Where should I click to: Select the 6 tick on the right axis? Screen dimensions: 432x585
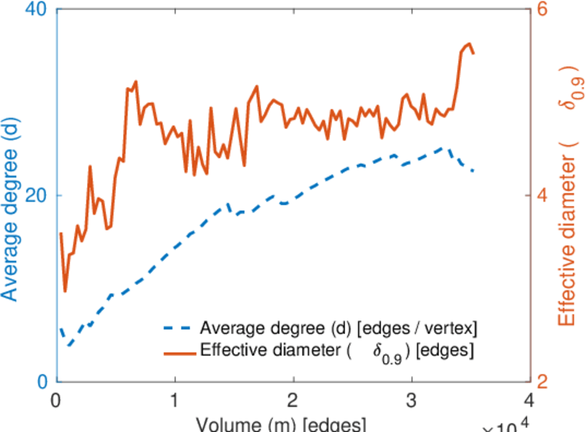pos(545,10)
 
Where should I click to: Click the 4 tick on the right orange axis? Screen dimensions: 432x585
pos(545,195)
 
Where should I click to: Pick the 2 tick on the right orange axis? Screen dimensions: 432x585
pos(545,381)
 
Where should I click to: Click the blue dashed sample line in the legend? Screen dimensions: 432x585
pos(177,329)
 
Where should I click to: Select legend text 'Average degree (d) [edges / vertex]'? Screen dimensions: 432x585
pos(339,329)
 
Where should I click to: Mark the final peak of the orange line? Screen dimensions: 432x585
pos(469,44)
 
